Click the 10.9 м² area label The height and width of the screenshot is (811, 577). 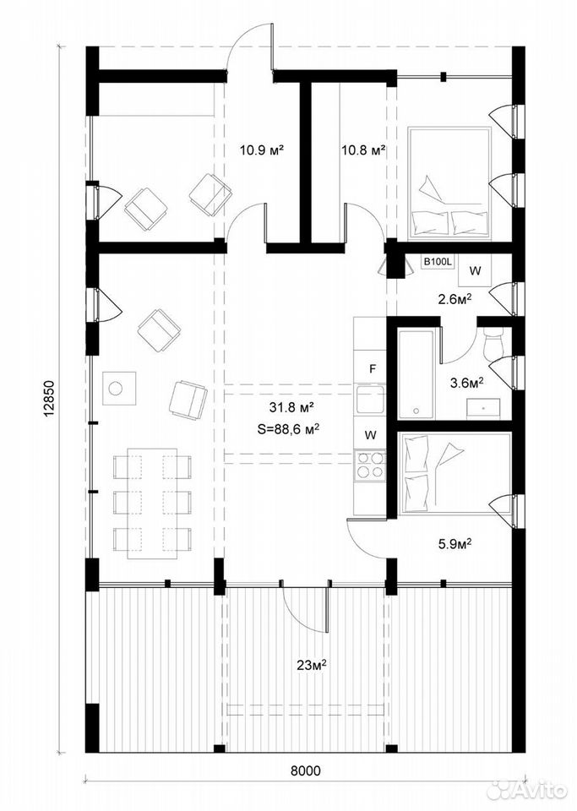point(263,150)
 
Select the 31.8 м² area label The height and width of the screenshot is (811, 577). point(292,407)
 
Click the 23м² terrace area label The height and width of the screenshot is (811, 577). point(310,665)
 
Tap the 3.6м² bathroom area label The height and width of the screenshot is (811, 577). point(466,383)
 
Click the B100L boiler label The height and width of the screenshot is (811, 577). point(438,263)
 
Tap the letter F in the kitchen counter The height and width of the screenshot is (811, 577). point(371,369)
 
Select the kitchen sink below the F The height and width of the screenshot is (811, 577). point(370,398)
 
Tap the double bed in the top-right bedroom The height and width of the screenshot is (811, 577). point(449,183)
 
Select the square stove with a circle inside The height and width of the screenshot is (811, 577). point(119,388)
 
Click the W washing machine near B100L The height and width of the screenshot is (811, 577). point(476,270)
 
